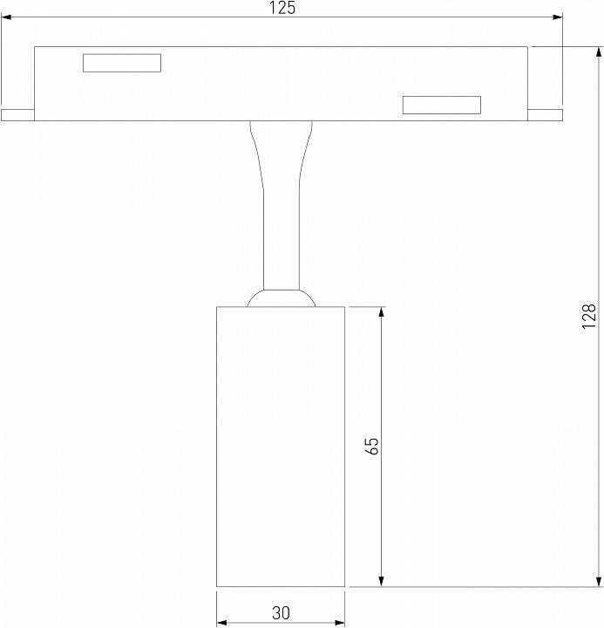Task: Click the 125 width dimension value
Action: tap(282, 9)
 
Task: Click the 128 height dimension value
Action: tap(590, 315)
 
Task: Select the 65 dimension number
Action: tap(372, 446)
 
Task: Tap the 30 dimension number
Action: tap(281, 612)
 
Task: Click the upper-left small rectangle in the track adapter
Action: tap(122, 63)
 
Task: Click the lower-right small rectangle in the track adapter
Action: tap(441, 105)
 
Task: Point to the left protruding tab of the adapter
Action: tap(17, 114)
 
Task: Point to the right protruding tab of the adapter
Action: tap(544, 114)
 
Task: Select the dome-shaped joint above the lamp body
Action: tap(281, 298)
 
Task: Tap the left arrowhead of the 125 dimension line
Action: tap(6, 16)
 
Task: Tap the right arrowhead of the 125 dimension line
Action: tap(556, 16)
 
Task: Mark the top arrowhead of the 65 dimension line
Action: tap(381, 312)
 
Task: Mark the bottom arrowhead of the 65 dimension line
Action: tap(381, 581)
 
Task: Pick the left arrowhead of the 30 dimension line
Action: tap(221, 623)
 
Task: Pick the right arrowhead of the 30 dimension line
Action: tap(340, 623)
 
